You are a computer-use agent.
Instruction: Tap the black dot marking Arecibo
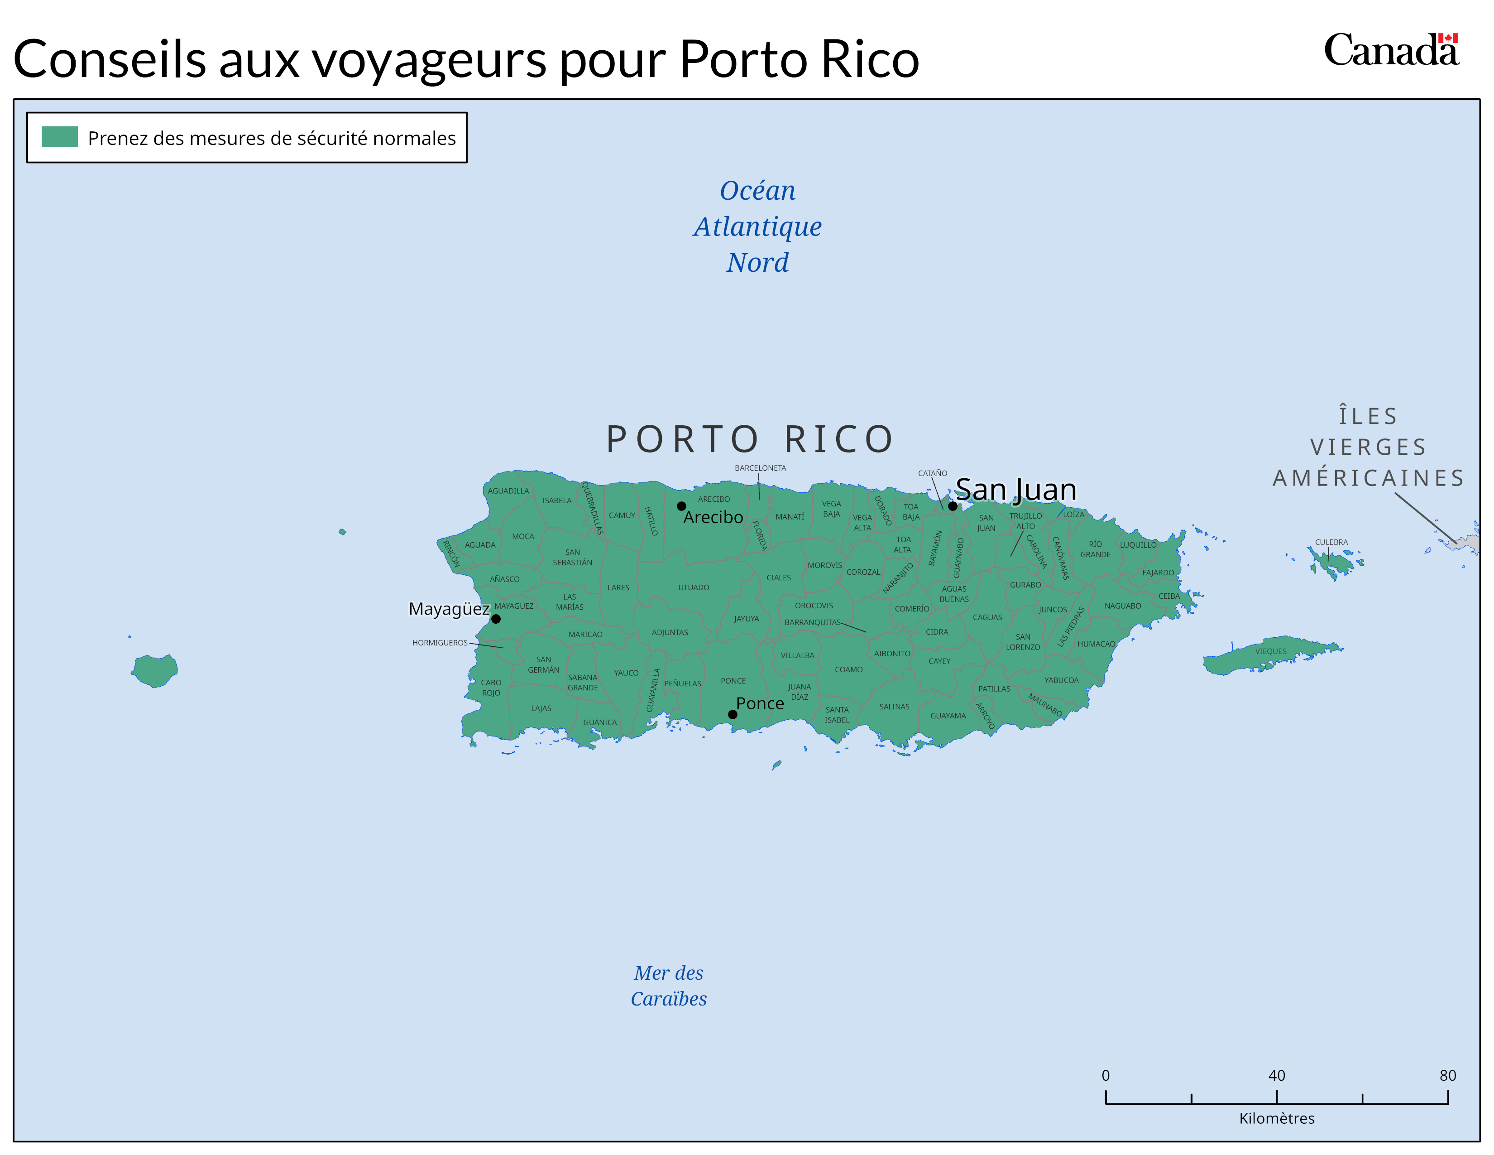(x=681, y=506)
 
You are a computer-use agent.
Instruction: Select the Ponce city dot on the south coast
(x=732, y=714)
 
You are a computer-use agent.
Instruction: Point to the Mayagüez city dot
(x=496, y=619)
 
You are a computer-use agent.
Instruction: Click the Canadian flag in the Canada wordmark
(x=1447, y=38)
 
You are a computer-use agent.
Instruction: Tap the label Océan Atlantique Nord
(x=757, y=226)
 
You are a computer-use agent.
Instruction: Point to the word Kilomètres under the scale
(x=1277, y=1118)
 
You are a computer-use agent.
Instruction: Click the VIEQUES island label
(x=1270, y=651)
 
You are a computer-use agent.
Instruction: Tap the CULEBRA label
(x=1331, y=542)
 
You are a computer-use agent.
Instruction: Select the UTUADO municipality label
(x=693, y=587)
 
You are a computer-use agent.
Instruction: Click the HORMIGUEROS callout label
(x=440, y=643)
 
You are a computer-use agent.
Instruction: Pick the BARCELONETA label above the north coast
(x=760, y=468)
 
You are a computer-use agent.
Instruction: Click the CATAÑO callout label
(x=932, y=473)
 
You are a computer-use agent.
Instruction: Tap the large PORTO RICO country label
(x=751, y=439)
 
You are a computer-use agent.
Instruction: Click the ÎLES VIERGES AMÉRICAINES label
(x=1368, y=447)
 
